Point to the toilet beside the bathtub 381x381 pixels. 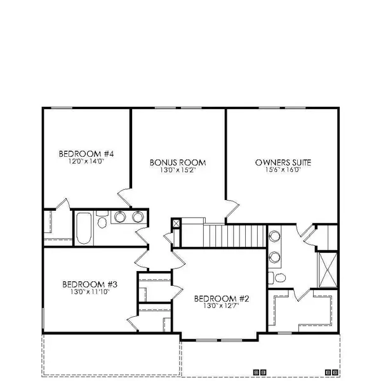tap(102, 222)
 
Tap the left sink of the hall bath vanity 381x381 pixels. tap(120, 217)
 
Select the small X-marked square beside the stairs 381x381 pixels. tap(177, 223)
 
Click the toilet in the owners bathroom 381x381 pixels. tap(273, 277)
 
